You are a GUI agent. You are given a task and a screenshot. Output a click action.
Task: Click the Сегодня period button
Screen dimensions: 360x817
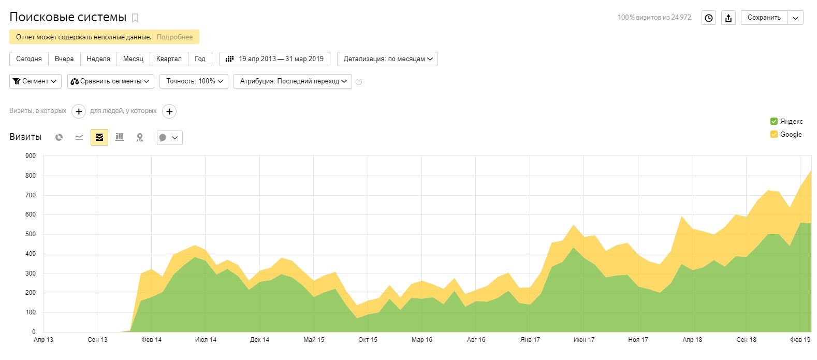click(x=29, y=59)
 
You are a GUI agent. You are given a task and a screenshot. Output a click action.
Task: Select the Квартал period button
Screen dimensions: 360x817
click(x=169, y=59)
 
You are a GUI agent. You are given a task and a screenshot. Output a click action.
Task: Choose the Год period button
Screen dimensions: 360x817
click(x=200, y=59)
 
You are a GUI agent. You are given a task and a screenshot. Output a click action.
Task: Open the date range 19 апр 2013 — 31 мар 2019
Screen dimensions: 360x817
click(x=274, y=59)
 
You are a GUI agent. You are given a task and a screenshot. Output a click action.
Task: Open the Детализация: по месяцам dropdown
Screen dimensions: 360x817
click(x=387, y=59)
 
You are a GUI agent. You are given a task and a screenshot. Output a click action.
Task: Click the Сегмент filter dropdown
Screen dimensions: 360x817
click(x=35, y=81)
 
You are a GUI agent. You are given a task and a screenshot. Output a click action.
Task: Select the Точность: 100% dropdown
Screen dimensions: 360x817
click(x=194, y=81)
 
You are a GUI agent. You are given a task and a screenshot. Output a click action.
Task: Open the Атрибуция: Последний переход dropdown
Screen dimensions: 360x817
click(x=293, y=81)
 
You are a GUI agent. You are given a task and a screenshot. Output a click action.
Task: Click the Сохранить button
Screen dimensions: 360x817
click(x=764, y=18)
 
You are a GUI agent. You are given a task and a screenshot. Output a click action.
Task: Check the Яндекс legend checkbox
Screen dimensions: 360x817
click(x=774, y=121)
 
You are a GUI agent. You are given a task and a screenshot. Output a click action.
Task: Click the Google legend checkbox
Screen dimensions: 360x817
click(x=774, y=134)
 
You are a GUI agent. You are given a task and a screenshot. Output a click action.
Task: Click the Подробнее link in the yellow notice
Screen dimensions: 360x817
click(x=174, y=37)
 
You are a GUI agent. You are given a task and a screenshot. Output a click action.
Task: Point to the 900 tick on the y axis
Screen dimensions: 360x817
click(x=31, y=156)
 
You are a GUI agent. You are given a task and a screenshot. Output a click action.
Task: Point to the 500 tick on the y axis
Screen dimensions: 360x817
click(x=31, y=234)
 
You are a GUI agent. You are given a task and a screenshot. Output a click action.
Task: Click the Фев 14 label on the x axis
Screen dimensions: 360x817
click(x=151, y=340)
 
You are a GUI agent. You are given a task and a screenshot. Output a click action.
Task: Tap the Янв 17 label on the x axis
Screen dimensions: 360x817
click(x=530, y=340)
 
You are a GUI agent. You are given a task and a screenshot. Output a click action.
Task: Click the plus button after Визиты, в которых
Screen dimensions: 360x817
click(x=79, y=111)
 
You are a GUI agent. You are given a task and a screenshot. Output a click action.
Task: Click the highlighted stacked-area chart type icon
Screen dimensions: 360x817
click(x=99, y=137)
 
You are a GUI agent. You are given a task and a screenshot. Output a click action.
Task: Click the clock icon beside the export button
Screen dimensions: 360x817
click(x=709, y=18)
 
